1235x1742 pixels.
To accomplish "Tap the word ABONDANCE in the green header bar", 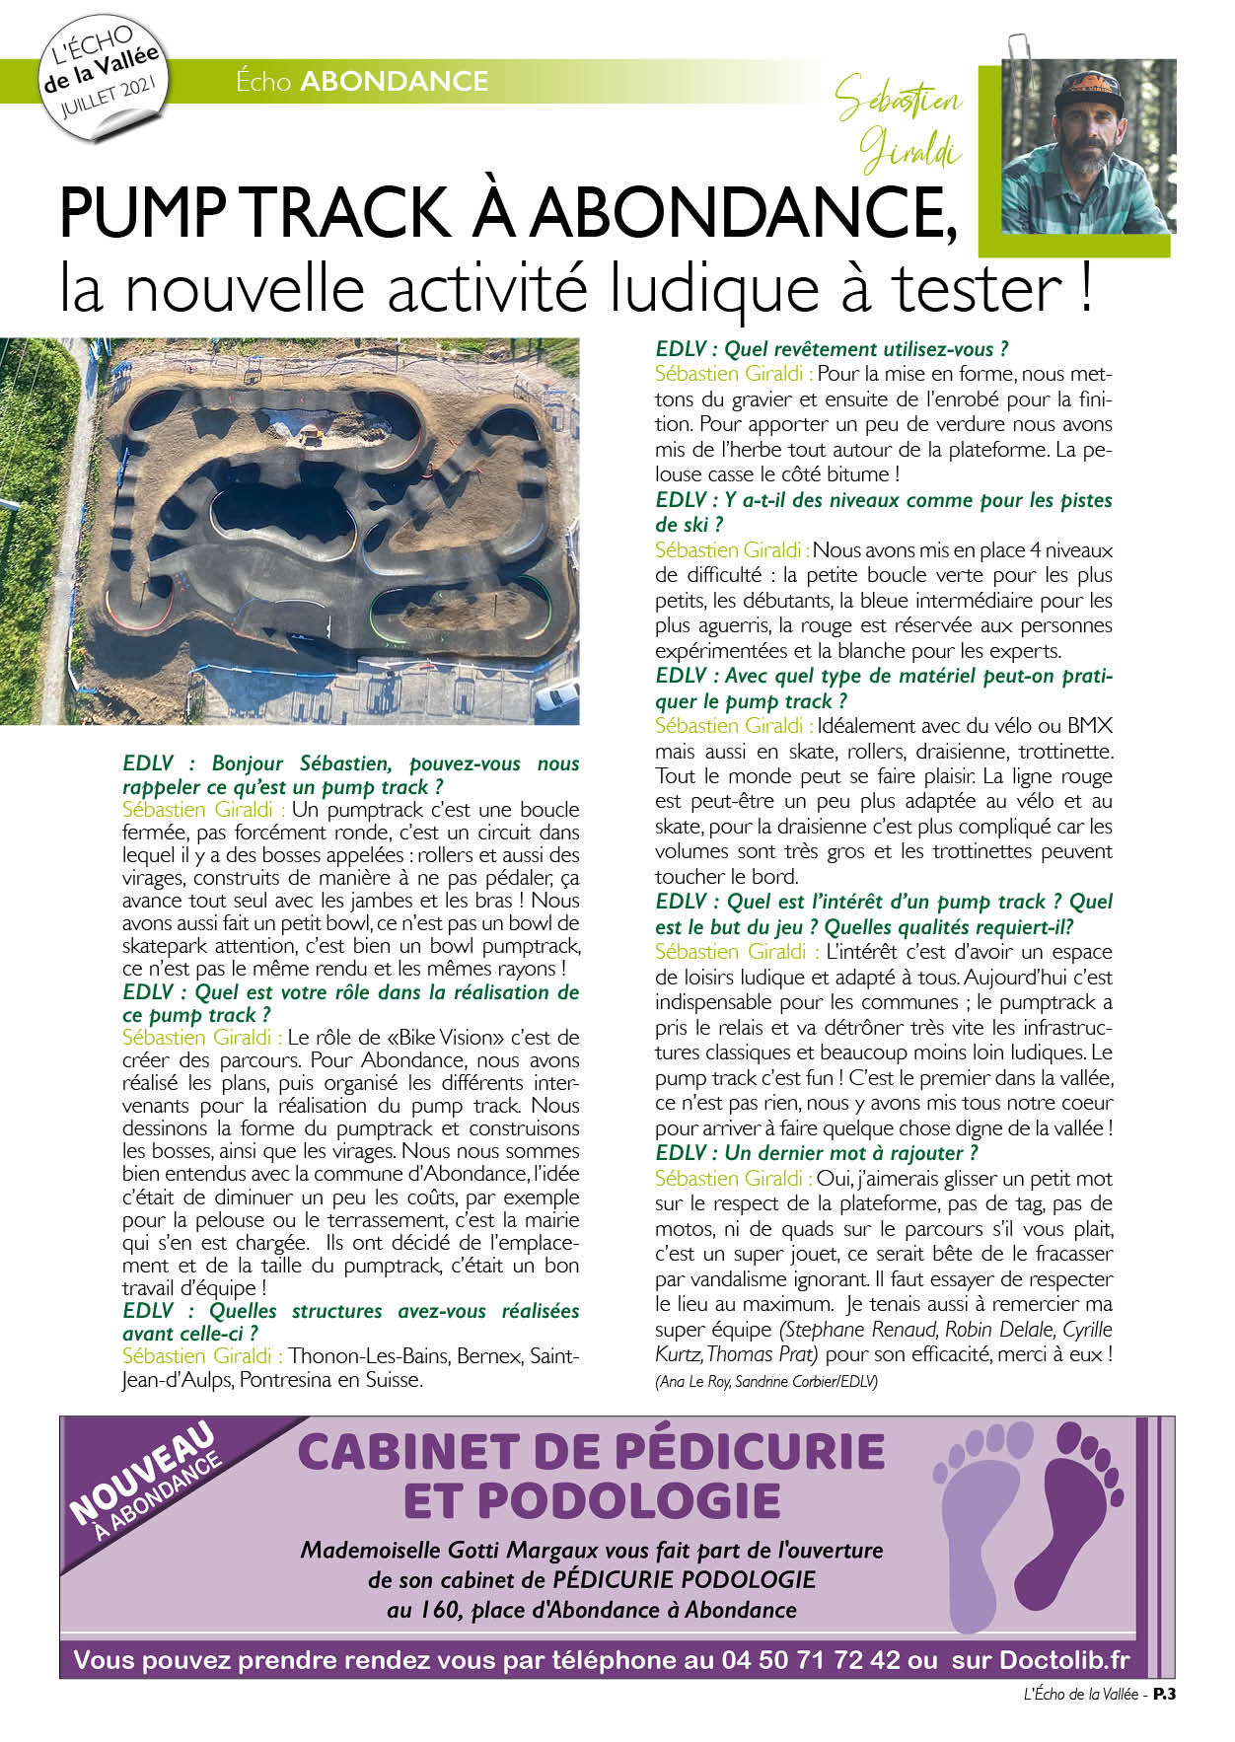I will tap(394, 81).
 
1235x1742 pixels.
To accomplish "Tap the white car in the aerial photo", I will tap(558, 695).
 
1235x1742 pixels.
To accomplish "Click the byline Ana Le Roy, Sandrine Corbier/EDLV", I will tap(765, 1382).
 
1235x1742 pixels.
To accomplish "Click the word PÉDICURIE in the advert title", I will tap(749, 1451).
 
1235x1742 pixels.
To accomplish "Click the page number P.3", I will tap(1166, 1695).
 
